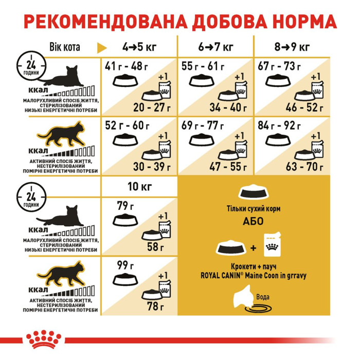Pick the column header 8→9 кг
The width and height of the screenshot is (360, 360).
[x=291, y=48]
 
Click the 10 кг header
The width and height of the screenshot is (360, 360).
[x=139, y=187]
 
